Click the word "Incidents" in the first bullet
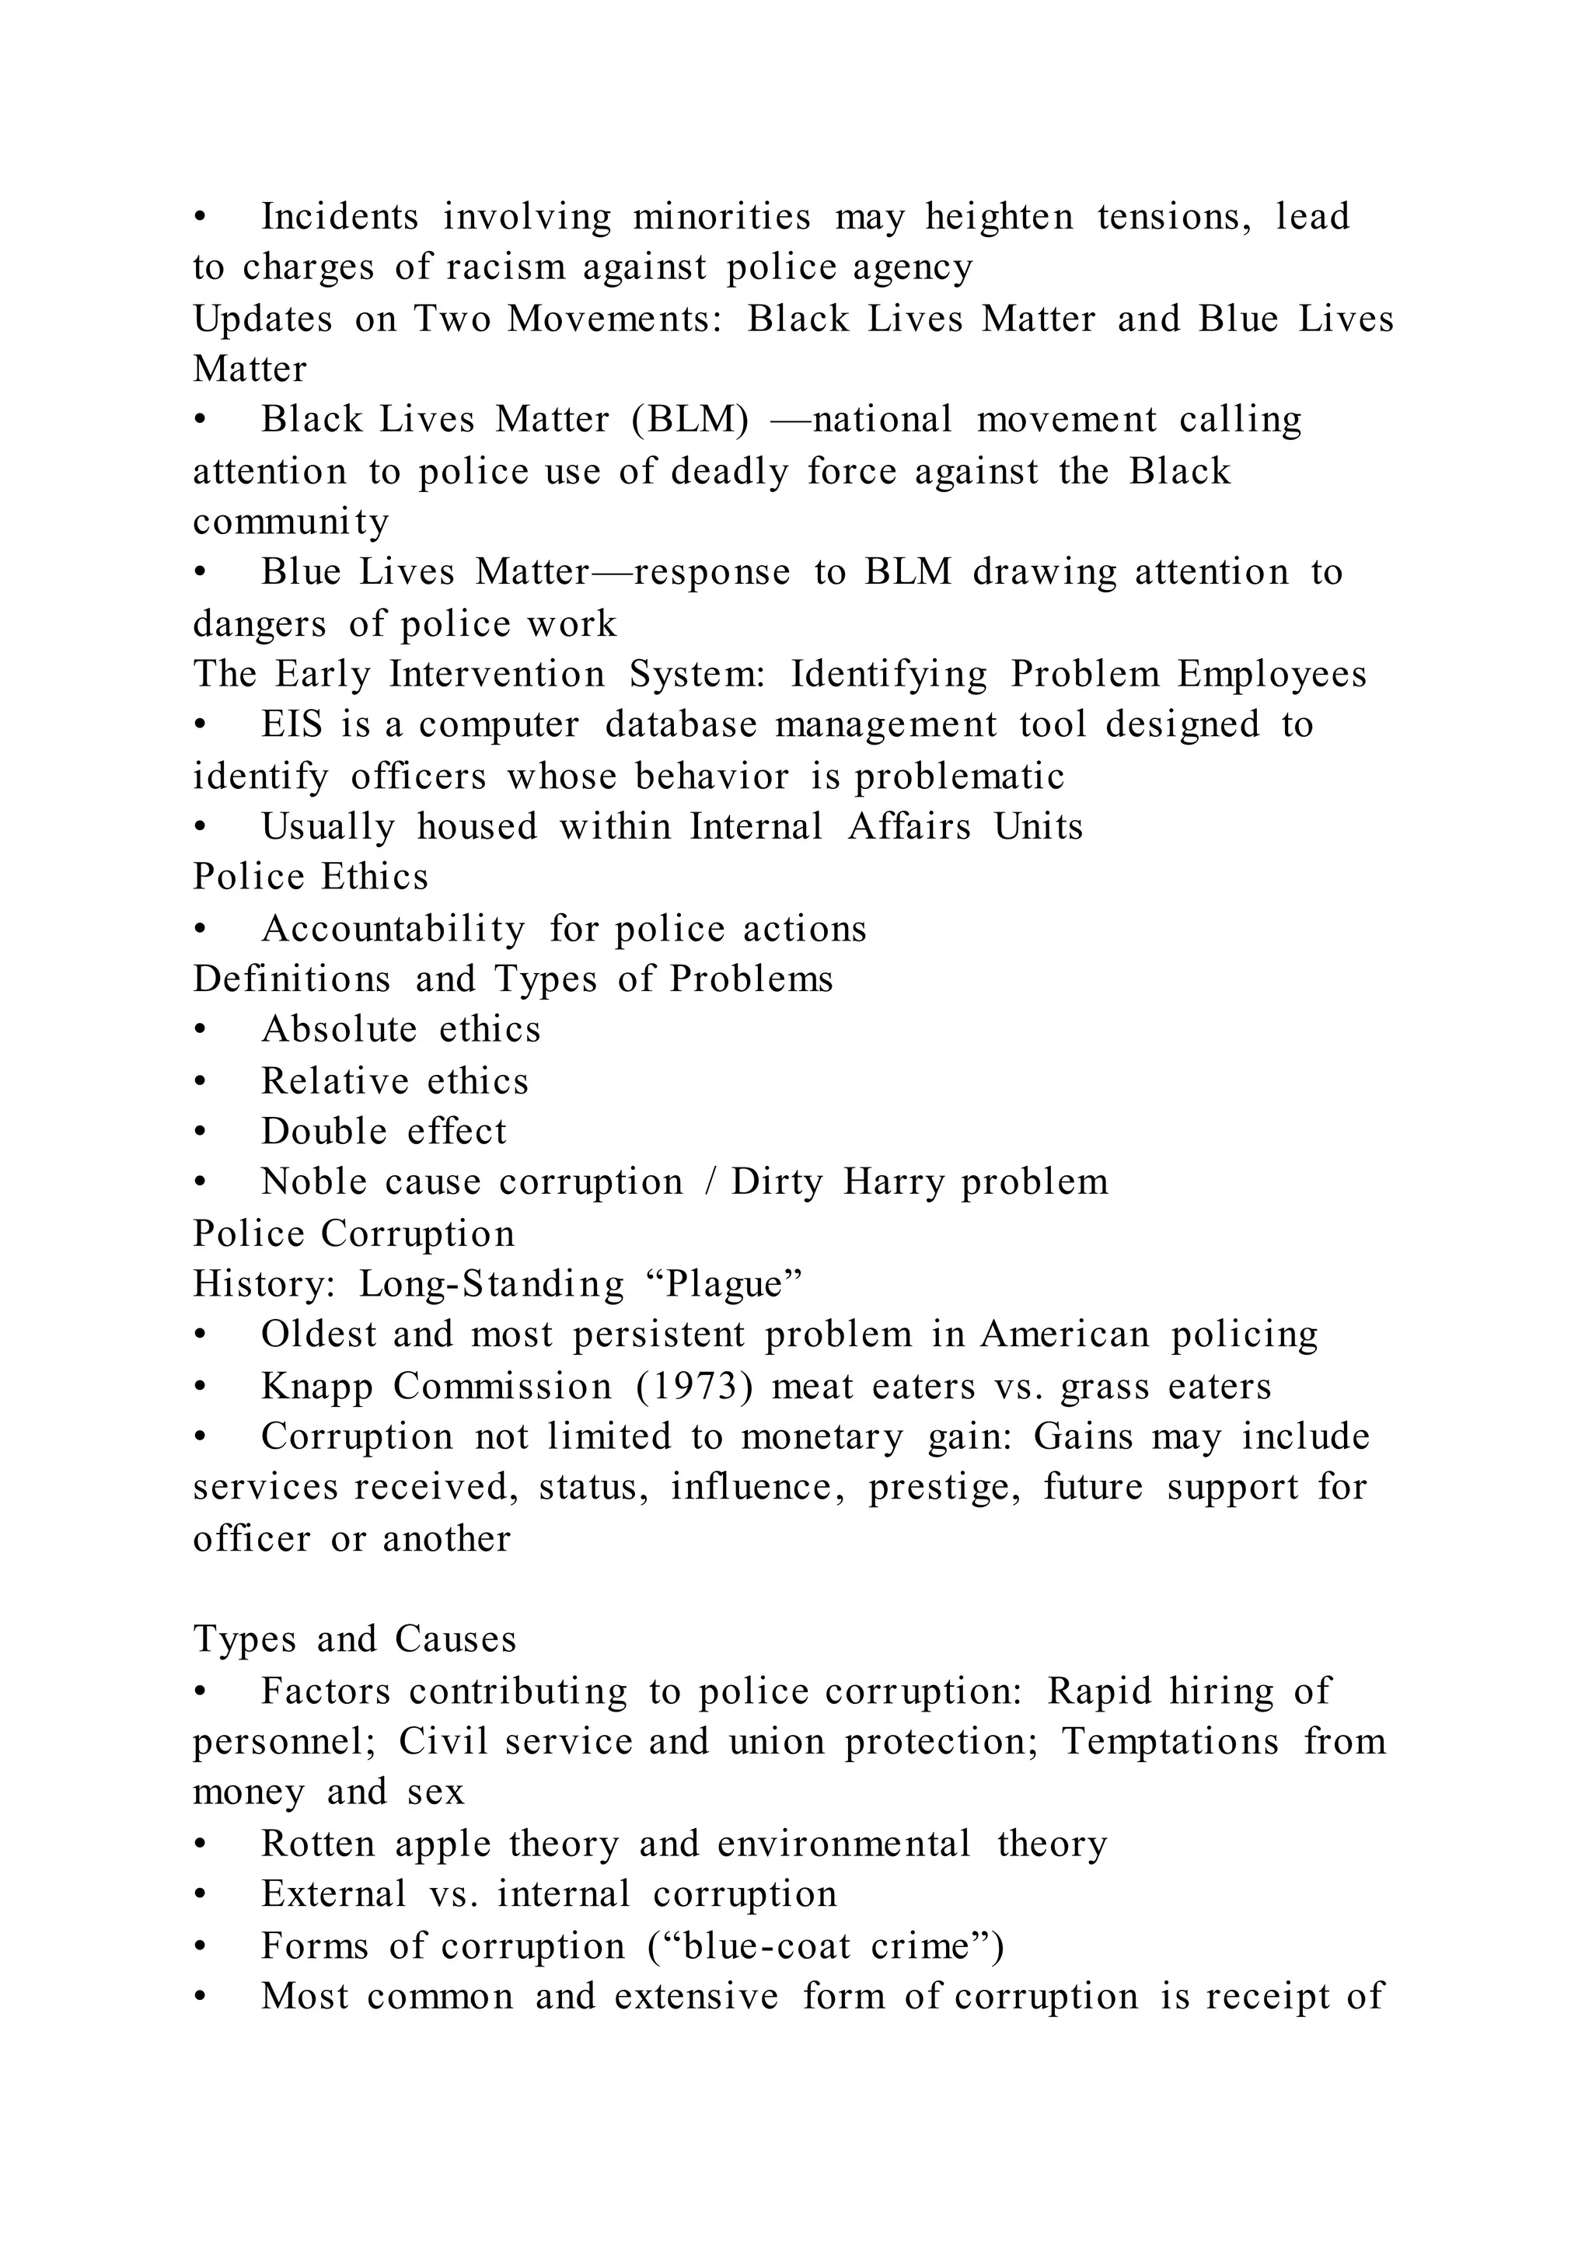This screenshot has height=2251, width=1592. pos(339,217)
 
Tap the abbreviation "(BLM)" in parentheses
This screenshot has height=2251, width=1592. pos(690,420)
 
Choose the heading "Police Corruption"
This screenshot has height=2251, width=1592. pos(354,1234)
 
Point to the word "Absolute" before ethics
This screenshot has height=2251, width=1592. pos(339,1029)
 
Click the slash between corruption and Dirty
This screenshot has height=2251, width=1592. pos(709,1181)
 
